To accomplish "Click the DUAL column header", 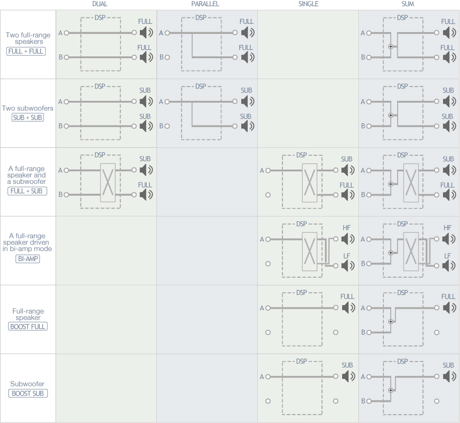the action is point(100,4).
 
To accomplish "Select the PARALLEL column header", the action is point(205,4).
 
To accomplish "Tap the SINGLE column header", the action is point(308,4).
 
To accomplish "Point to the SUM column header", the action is point(408,4).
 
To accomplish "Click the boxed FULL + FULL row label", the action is point(26,51).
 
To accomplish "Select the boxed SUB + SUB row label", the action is point(28,117).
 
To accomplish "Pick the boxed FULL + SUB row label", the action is point(27,191).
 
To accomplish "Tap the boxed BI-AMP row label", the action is point(28,259).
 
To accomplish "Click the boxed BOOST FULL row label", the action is point(28,327).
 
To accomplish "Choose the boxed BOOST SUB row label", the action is point(28,393).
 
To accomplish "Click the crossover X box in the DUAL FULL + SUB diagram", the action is point(108,182).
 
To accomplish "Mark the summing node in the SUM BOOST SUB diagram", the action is point(390,390).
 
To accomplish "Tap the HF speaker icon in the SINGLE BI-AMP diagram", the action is point(348,239).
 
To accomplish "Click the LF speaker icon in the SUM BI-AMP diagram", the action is point(449,266).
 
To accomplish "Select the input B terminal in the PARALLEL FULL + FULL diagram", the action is point(167,57).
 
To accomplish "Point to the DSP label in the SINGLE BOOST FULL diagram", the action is point(302,292).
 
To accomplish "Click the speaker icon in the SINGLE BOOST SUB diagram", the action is point(348,376).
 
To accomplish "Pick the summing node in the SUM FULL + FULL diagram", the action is point(390,47).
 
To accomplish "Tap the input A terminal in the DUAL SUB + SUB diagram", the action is point(67,102).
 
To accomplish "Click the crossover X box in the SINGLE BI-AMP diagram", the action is point(310,252).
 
